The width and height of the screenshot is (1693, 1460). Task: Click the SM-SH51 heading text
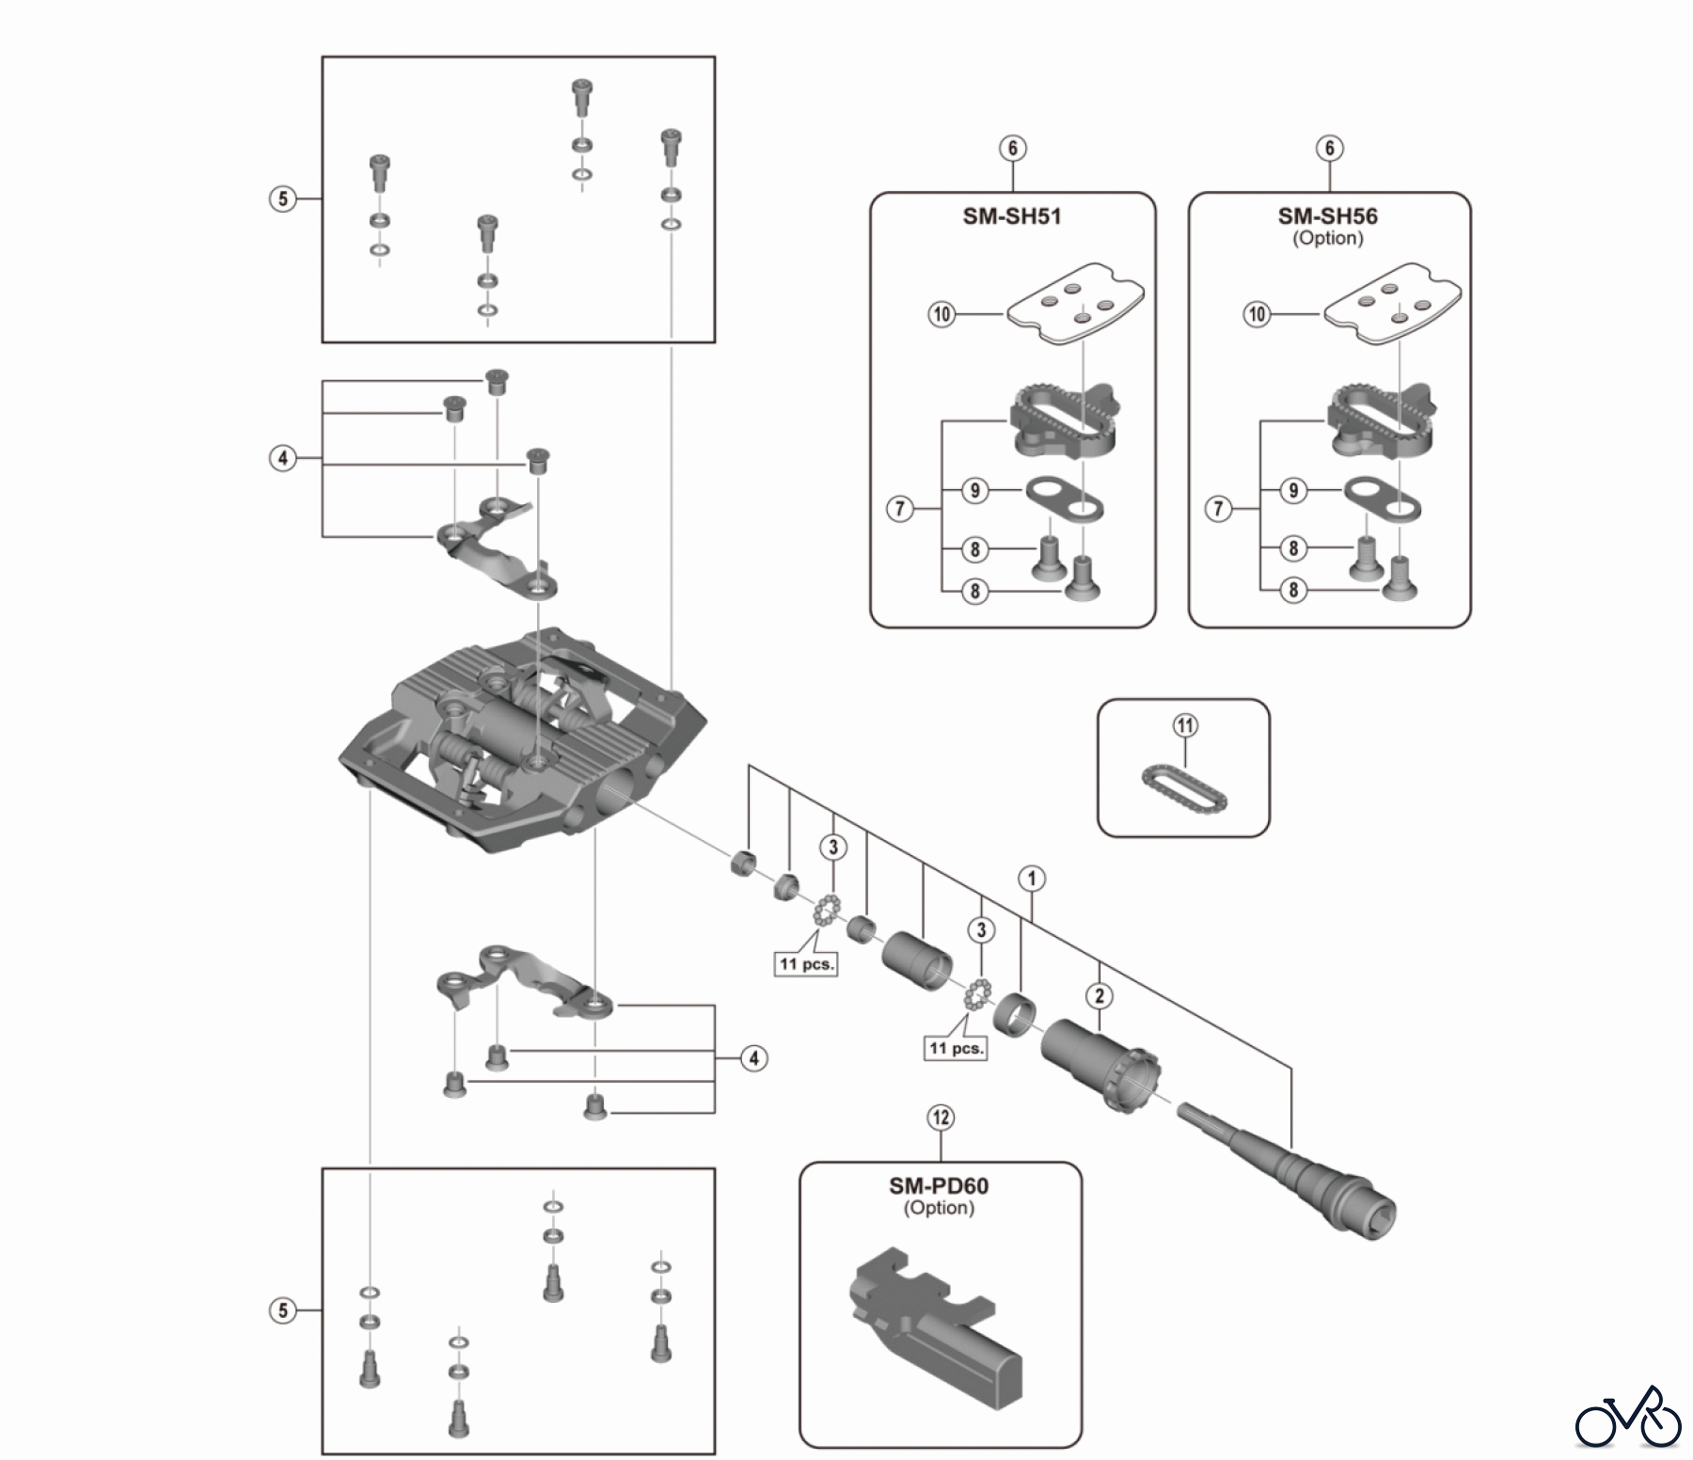pyautogui.click(x=1012, y=216)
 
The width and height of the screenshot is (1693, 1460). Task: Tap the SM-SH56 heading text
pyautogui.click(x=1328, y=216)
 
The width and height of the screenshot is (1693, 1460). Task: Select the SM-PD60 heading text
pyautogui.click(x=939, y=1185)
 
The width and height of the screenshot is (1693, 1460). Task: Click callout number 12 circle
pyautogui.click(x=941, y=1118)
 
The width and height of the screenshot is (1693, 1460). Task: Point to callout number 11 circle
pyautogui.click(x=1185, y=725)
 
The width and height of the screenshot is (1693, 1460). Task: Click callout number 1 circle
pyautogui.click(x=1032, y=879)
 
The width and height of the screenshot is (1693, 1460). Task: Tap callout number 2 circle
pyautogui.click(x=1100, y=995)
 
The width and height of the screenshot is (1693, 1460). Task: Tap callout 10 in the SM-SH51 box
pyautogui.click(x=941, y=314)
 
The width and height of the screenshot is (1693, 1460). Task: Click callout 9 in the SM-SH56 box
pyautogui.click(x=1293, y=490)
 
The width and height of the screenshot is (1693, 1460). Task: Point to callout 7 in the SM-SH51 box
pyautogui.click(x=900, y=509)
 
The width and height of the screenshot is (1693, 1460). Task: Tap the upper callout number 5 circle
pyautogui.click(x=283, y=198)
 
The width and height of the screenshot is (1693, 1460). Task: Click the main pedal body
pyautogui.click(x=522, y=743)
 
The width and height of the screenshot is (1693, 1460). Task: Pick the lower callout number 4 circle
pyautogui.click(x=753, y=1058)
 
